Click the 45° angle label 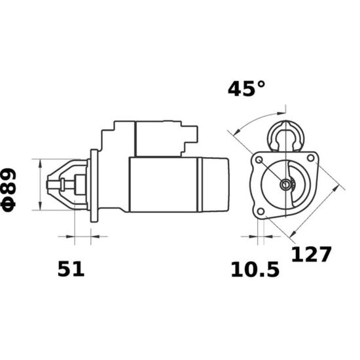click(246, 88)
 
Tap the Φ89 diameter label click(9, 190)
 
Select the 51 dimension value click(71, 269)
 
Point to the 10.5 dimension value click(255, 269)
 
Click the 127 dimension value click(312, 255)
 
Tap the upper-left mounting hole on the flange click(259, 160)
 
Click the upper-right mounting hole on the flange click(310, 158)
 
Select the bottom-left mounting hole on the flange click(261, 211)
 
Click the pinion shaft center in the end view click(285, 185)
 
